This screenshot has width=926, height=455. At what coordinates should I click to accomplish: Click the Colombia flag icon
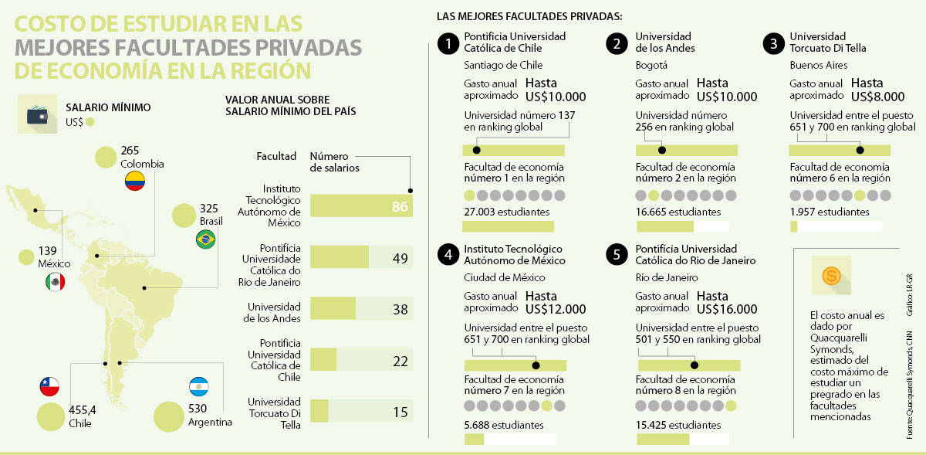click(135, 182)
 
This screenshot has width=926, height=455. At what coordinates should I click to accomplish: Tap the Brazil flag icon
click(205, 240)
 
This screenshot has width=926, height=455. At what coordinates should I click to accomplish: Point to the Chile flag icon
click(49, 385)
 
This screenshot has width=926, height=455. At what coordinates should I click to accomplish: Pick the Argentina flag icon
click(199, 385)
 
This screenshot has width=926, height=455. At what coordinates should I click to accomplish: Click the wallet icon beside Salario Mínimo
click(39, 115)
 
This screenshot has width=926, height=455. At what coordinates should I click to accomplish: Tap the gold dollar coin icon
click(831, 276)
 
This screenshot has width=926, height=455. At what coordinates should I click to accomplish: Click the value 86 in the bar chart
click(399, 206)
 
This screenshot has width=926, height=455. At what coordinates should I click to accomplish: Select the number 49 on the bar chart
click(399, 258)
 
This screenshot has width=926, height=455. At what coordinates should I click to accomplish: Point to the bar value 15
click(399, 412)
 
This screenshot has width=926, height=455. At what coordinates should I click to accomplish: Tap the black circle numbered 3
click(772, 44)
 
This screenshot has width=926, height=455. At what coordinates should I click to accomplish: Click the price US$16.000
click(726, 310)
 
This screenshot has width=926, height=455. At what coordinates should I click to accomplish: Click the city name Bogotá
click(651, 66)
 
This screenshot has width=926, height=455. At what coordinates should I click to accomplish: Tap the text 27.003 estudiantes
click(507, 212)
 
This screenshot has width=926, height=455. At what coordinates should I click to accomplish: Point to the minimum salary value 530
click(197, 409)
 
